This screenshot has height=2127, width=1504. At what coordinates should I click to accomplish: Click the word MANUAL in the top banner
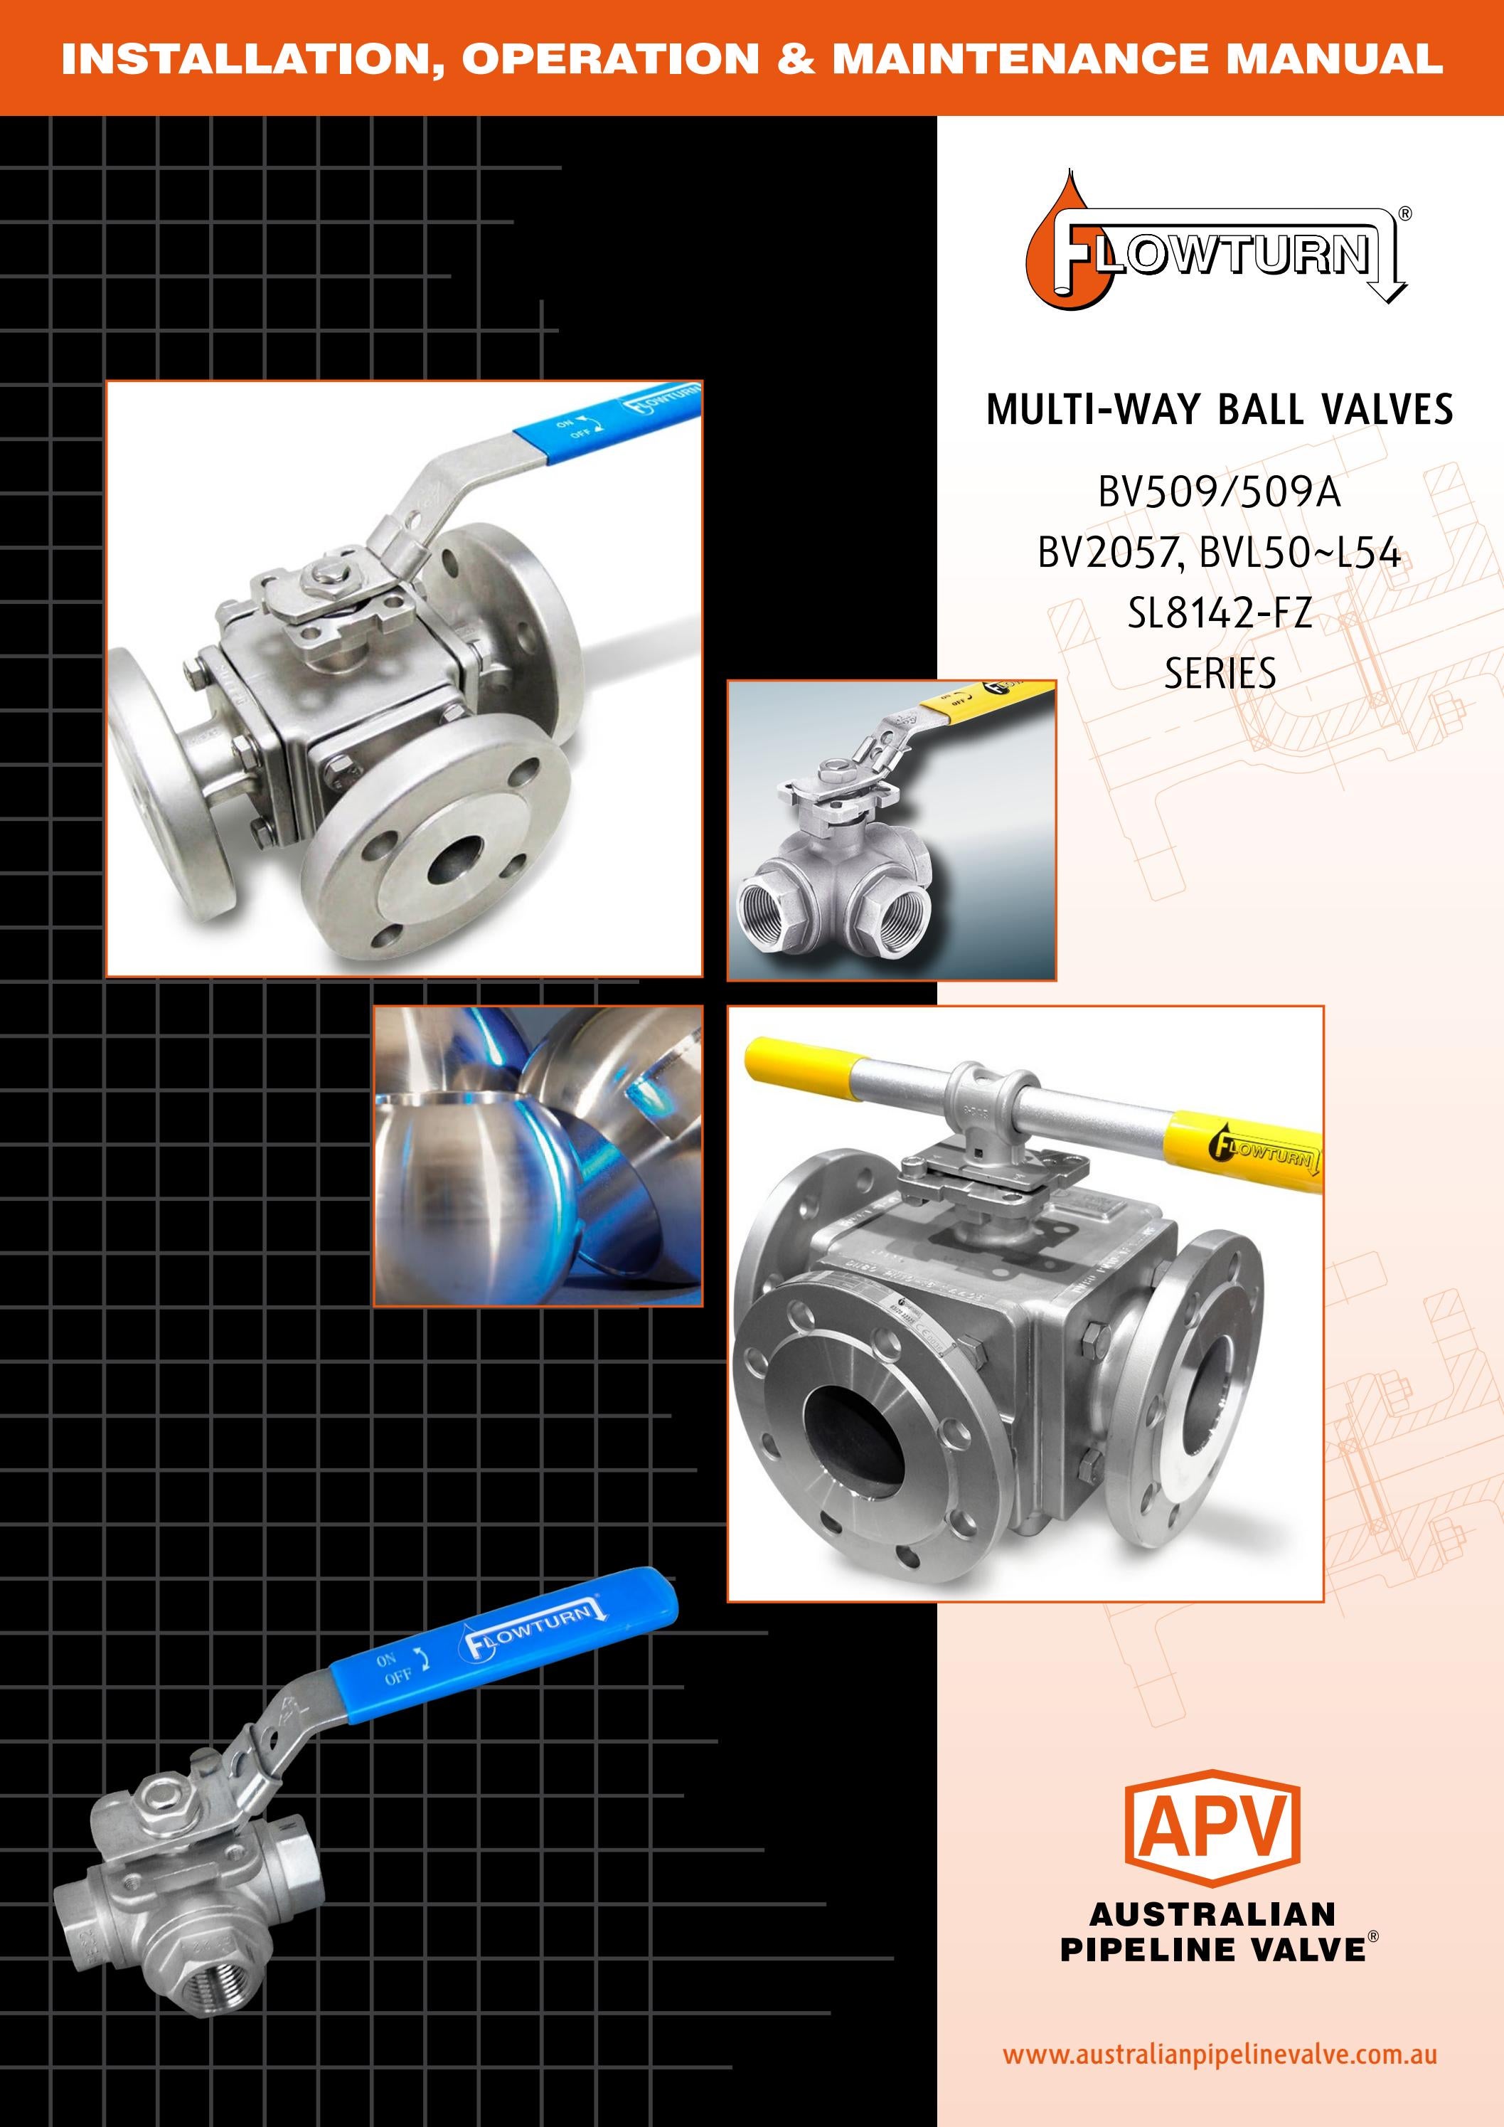pyautogui.click(x=1333, y=58)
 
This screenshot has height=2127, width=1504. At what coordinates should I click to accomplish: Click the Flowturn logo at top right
pyautogui.click(x=1213, y=251)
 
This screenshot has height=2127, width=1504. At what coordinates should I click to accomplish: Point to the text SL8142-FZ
pyautogui.click(x=1219, y=612)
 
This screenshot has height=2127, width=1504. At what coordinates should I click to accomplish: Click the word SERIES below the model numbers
pyautogui.click(x=1220, y=674)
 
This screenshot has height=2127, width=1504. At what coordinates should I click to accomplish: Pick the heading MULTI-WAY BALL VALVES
pyautogui.click(x=1219, y=410)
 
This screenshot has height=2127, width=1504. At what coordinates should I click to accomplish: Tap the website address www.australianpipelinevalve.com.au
pyautogui.click(x=1219, y=2054)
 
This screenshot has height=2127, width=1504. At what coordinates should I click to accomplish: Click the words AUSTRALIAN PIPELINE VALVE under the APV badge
pyautogui.click(x=1213, y=1931)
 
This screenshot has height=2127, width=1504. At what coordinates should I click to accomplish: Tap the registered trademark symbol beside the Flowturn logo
pyautogui.click(x=1405, y=214)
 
